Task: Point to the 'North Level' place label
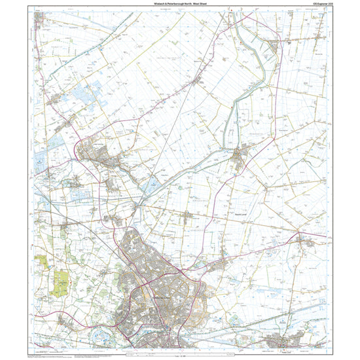[x=242, y=214]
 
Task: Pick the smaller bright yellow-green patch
[x=43, y=261]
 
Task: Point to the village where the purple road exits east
[x=305, y=243]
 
